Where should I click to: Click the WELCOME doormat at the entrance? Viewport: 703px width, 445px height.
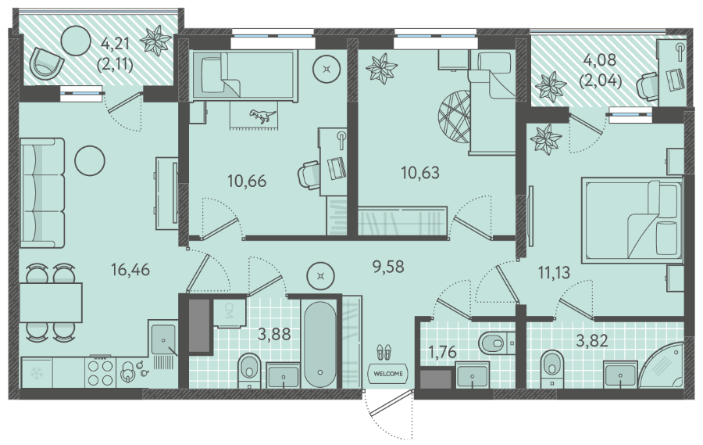tap(387, 373)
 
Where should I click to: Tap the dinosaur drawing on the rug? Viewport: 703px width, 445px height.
tap(262, 116)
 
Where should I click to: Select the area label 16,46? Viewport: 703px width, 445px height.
tap(130, 270)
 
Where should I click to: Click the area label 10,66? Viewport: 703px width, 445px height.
tap(247, 181)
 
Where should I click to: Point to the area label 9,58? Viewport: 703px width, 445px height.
tap(388, 267)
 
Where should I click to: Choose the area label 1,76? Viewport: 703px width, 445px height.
tap(442, 352)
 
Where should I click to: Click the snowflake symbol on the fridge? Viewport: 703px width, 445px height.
tap(35, 372)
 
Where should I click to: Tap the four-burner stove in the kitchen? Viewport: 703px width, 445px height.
tap(101, 372)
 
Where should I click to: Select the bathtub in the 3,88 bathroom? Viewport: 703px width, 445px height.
tap(319, 344)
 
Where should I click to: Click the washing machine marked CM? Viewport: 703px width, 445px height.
tap(229, 310)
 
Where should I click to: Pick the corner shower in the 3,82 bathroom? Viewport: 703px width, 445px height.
tap(661, 364)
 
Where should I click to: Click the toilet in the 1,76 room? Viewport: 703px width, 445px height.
tap(497, 343)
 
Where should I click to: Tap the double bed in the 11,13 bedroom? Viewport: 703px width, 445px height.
tap(632, 220)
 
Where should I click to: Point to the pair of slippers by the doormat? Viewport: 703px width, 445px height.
tap(384, 352)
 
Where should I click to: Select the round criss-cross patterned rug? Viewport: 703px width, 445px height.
tap(454, 116)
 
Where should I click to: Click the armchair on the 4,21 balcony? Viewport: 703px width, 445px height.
tap(46, 63)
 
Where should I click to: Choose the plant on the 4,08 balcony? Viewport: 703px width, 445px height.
tap(551, 87)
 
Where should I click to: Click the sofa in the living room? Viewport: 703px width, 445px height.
tap(43, 192)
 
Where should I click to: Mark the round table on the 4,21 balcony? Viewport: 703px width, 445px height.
tap(75, 40)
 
